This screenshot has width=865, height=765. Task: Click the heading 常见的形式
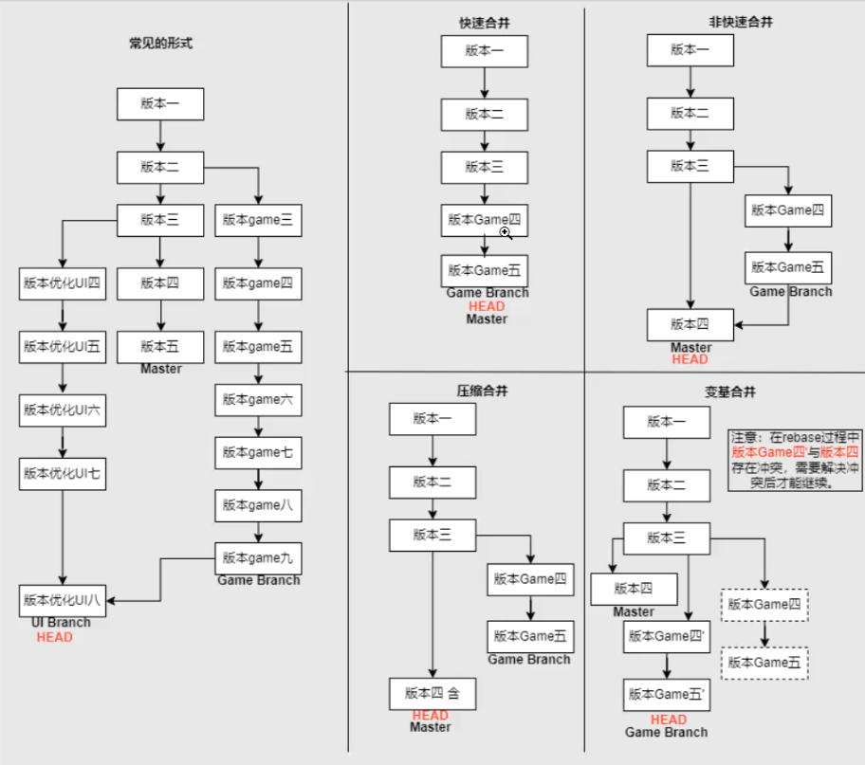coord(161,43)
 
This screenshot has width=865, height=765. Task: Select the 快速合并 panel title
coord(484,23)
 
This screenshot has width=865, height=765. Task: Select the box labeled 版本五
coord(160,346)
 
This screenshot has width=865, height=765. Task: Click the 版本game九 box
coord(258,557)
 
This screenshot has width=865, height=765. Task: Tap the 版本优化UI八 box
coord(63,600)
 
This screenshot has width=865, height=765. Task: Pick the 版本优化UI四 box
coord(63,283)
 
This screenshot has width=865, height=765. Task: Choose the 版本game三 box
coord(258,220)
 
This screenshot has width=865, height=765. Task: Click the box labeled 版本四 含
coord(432,693)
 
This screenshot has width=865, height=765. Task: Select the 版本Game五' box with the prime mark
coord(667,694)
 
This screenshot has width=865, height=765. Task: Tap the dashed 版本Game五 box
coord(764,663)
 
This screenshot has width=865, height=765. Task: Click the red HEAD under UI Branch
coord(55,637)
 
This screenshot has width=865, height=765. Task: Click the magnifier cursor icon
coord(506,232)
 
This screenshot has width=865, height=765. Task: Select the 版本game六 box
coord(258,400)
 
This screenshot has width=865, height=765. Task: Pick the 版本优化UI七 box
coord(63,473)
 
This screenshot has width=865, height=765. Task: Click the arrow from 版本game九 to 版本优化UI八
coord(161,578)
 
